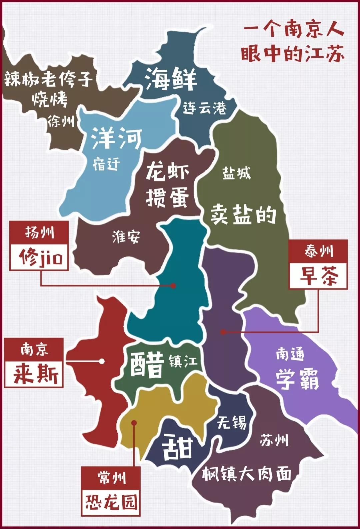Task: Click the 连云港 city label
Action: click(204, 108)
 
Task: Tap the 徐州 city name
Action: click(61, 121)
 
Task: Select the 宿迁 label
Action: click(106, 164)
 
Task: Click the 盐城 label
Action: click(236, 173)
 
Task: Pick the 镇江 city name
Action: click(183, 361)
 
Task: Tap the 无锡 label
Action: click(232, 423)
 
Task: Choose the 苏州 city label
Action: click(274, 440)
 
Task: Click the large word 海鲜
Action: click(171, 79)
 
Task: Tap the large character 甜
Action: click(178, 447)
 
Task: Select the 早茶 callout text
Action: click(319, 276)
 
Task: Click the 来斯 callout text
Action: click(34, 374)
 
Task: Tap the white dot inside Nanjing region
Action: click(102, 361)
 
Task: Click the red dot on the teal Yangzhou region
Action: click(173, 286)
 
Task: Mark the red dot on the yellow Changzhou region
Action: click(134, 423)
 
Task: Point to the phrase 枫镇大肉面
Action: click(247, 473)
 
